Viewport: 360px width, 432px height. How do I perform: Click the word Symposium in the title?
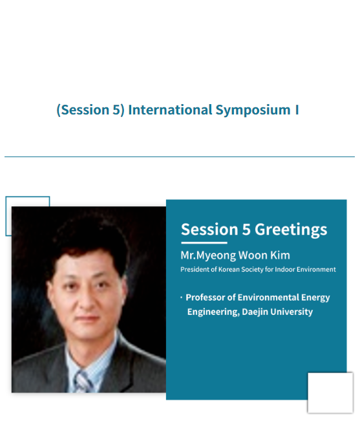click(253, 110)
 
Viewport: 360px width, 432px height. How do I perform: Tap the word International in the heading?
click(171, 110)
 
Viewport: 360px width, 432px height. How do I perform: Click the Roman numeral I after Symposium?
click(297, 110)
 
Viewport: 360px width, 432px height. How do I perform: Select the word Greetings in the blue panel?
click(291, 230)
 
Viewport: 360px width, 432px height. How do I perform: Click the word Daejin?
click(255, 312)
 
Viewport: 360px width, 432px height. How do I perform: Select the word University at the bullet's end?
click(291, 312)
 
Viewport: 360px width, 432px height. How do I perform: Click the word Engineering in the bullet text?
click(213, 312)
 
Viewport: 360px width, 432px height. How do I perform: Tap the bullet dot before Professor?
click(181, 297)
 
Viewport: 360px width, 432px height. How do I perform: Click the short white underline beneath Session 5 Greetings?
click(204, 243)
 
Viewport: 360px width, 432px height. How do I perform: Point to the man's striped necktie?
click(83, 382)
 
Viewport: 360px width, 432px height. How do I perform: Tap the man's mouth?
click(87, 318)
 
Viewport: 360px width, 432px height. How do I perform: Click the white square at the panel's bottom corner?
click(330, 393)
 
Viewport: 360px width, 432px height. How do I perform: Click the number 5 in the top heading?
click(116, 110)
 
